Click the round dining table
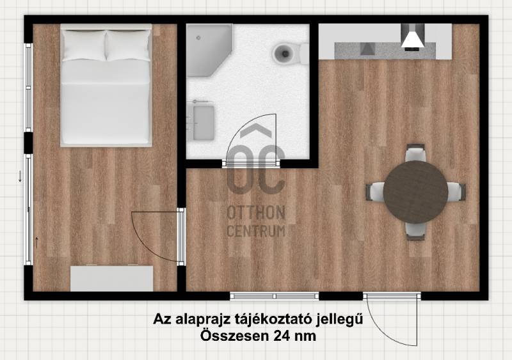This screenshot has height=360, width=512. point(415,192)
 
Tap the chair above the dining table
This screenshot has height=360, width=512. point(415,153)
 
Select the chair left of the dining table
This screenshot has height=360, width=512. point(375,192)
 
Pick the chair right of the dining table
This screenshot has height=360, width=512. point(456,192)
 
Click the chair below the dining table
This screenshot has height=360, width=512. point(415,231)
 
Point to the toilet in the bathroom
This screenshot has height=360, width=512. point(290,54)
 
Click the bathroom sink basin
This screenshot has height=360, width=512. point(204,122)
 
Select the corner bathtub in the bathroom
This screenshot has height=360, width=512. point(209,51)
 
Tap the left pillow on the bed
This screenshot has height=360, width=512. point(84,45)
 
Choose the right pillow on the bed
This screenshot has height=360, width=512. point(129,45)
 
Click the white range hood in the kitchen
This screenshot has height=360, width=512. point(412,36)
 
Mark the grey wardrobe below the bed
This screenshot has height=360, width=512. point(111,278)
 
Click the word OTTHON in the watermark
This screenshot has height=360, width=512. point(256,213)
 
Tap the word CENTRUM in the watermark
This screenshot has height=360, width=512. point(256,231)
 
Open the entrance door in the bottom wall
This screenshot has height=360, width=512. point(392,319)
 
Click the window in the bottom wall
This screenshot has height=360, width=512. point(275,296)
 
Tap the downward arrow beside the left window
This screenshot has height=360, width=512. point(20,176)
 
